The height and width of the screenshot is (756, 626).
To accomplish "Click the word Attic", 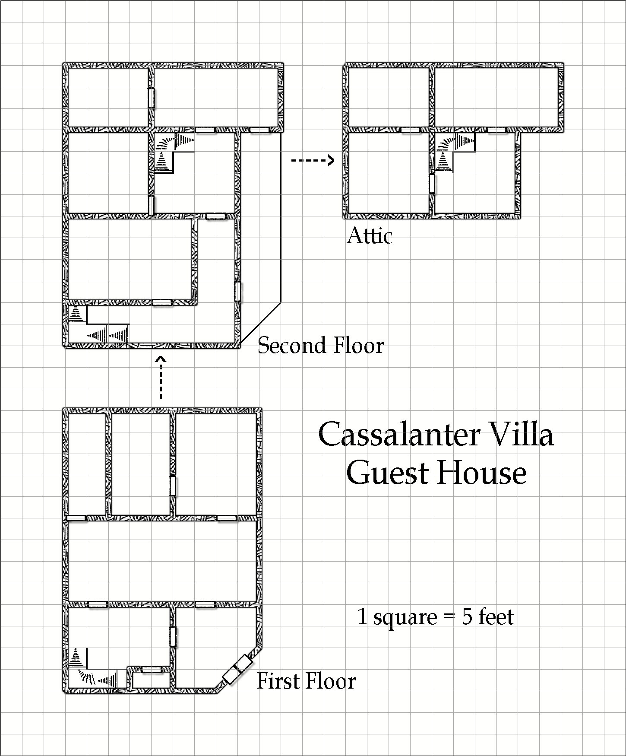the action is click(x=370, y=236).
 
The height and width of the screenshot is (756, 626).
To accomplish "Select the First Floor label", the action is click(x=306, y=681).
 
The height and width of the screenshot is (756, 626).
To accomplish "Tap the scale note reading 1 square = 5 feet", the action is click(x=436, y=616).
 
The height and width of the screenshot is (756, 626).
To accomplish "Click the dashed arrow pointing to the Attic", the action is click(x=313, y=161).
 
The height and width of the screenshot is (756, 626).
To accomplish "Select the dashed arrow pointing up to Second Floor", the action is click(x=161, y=377).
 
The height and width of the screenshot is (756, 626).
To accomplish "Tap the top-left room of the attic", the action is click(x=389, y=97).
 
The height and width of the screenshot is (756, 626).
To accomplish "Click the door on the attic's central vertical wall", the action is click(x=432, y=184).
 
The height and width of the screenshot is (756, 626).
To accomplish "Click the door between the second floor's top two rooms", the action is click(x=151, y=98).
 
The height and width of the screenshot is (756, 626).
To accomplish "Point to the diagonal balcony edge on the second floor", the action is click(x=260, y=323).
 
